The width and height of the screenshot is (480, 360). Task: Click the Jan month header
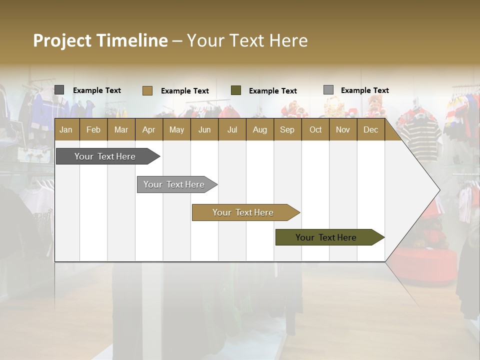[66, 129]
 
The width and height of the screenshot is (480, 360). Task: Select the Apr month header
[148, 129]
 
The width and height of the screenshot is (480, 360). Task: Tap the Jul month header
[232, 129]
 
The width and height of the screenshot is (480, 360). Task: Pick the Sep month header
[287, 129]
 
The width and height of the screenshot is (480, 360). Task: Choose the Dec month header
[370, 129]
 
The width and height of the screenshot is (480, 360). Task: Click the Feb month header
[93, 129]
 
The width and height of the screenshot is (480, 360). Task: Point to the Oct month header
[315, 129]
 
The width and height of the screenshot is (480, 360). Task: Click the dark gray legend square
[59, 90]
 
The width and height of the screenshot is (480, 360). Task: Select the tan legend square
[147, 90]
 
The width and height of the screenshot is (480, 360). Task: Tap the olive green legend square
[236, 90]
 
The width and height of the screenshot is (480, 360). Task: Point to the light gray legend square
[328, 90]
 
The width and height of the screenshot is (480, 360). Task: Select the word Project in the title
[62, 40]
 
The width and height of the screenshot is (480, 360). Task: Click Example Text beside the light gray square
[364, 90]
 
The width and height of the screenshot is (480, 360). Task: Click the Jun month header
[204, 129]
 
